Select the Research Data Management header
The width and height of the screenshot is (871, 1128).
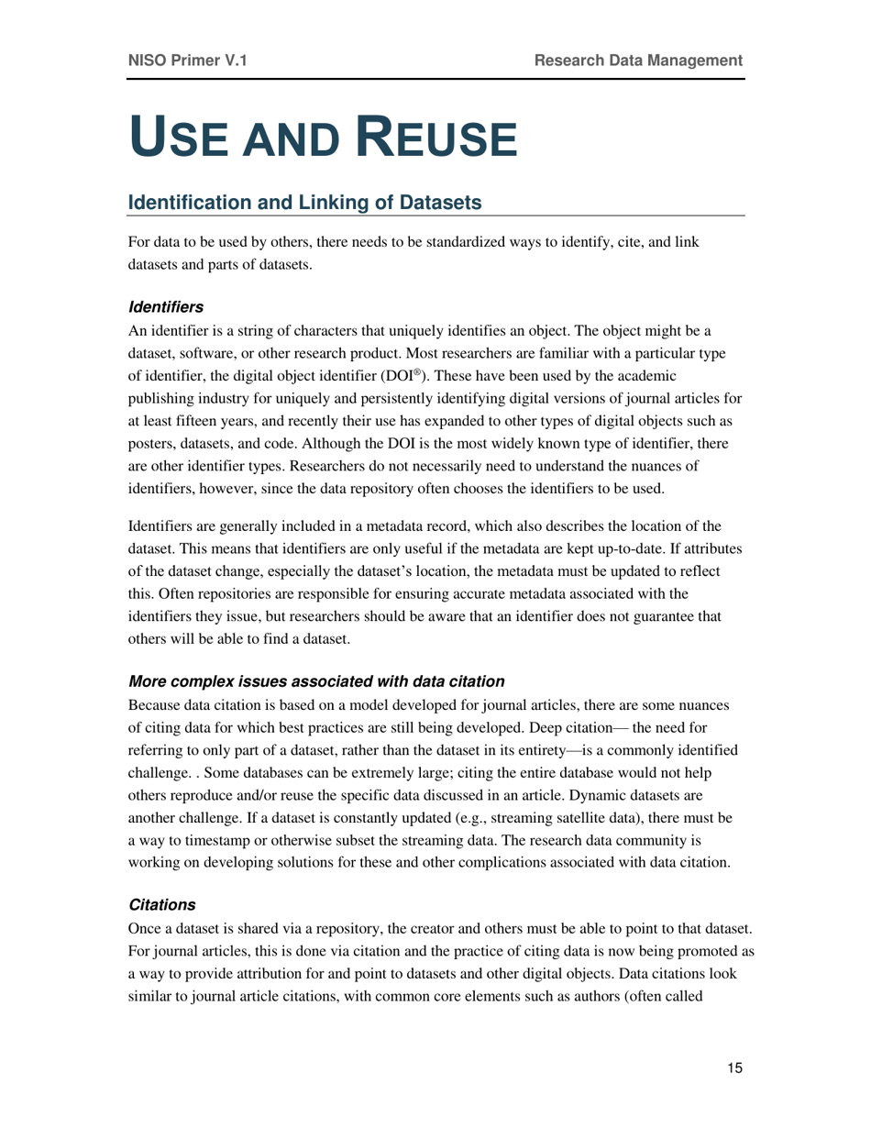click(638, 61)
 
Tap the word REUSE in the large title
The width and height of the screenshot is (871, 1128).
click(435, 138)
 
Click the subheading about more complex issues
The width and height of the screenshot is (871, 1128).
click(316, 681)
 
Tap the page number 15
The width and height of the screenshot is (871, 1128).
click(734, 1067)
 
